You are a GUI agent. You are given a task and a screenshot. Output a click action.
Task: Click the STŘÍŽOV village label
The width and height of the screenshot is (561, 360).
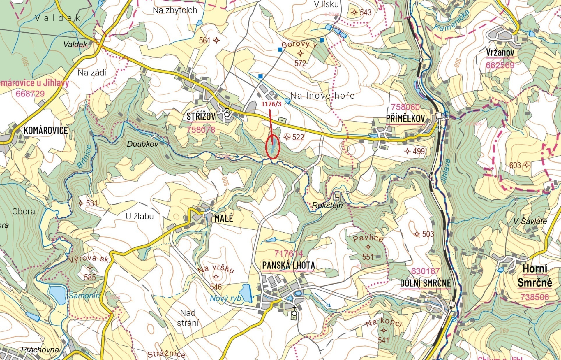[201, 117]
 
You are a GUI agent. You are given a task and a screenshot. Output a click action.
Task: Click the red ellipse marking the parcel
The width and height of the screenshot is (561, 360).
[273, 146]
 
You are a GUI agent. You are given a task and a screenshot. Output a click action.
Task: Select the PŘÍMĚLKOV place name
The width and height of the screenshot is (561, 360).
[405, 119]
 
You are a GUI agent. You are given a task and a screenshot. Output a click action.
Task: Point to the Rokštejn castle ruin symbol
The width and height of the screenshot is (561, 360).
[336, 197]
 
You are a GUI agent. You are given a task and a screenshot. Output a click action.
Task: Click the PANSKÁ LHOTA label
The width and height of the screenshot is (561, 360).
[288, 265]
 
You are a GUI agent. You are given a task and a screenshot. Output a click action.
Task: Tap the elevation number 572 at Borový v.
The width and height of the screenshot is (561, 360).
[300, 63]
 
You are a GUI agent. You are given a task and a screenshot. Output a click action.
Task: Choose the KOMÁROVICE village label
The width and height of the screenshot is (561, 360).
[45, 130]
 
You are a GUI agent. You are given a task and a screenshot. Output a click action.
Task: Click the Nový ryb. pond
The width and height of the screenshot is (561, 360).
[245, 293]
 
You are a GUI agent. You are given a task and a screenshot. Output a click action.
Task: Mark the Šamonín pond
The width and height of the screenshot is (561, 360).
[57, 295]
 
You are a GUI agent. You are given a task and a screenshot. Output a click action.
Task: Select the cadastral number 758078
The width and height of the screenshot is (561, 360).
[201, 130]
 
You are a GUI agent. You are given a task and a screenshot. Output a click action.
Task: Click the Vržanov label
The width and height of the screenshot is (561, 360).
[500, 52]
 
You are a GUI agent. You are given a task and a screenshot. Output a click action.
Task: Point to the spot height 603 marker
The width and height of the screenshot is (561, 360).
[527, 165]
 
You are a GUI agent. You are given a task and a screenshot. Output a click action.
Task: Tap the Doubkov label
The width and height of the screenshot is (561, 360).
[143, 144]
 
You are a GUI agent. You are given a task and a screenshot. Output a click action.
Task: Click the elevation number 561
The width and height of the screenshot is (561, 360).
[204, 41]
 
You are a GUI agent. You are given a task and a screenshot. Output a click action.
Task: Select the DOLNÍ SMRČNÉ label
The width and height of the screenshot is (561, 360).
[425, 283]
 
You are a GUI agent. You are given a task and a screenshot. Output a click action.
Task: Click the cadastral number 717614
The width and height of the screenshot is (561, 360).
[288, 253]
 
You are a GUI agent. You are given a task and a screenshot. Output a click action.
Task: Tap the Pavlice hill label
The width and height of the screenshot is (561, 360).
[368, 238]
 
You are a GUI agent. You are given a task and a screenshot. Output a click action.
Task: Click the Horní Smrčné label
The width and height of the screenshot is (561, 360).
[535, 275]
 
